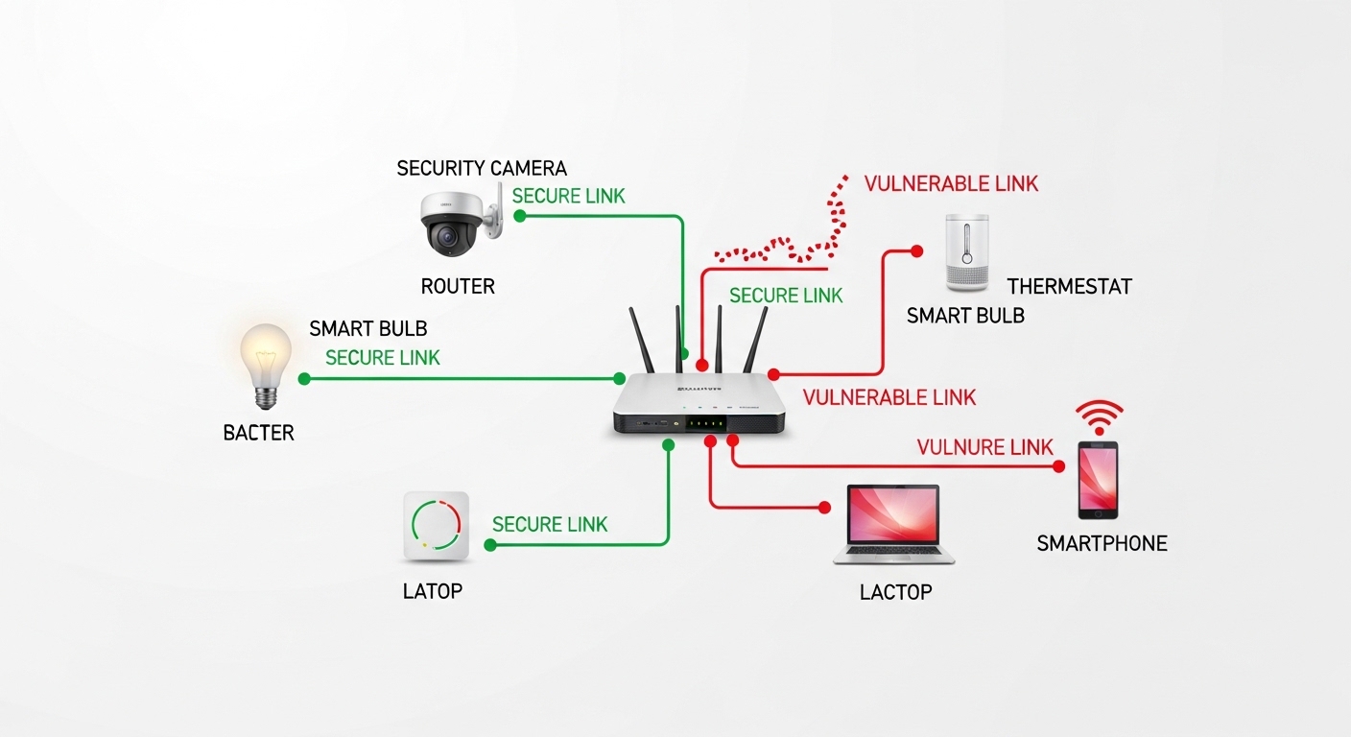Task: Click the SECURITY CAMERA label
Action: [482, 168]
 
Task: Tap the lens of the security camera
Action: [447, 236]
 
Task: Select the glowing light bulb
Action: [266, 366]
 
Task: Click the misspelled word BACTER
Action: [259, 433]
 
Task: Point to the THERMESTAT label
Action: [1069, 286]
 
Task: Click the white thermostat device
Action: [967, 252]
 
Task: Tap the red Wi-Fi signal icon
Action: [1099, 417]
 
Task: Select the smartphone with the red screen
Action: [1098, 480]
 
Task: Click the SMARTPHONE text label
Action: [1102, 543]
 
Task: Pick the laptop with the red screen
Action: [893, 525]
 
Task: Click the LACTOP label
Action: [895, 592]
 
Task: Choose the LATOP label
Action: [433, 591]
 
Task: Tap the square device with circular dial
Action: [436, 526]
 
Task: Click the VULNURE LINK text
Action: [984, 447]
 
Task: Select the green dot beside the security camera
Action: [520, 216]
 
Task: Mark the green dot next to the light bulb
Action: [304, 379]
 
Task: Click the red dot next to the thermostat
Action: [916, 250]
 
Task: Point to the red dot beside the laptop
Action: [824, 508]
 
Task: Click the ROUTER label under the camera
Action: [458, 286]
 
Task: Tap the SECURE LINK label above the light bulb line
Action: [383, 358]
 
